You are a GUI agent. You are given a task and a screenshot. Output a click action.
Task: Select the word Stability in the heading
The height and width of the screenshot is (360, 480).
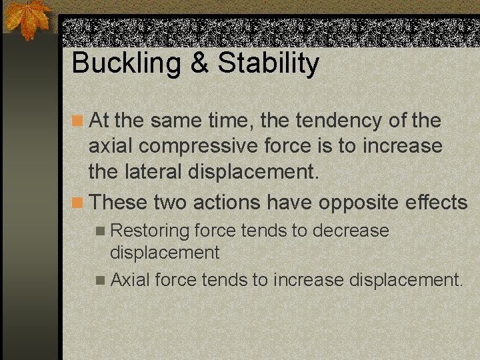coord(269,64)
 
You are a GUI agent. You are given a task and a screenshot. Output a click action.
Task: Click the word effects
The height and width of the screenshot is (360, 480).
coord(436,201)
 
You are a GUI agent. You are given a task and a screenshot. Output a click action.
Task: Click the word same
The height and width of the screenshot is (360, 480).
coord(175,121)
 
